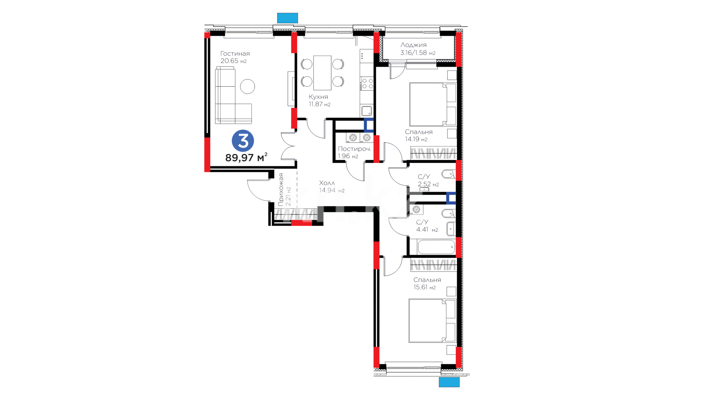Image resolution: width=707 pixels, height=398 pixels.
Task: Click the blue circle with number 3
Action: pos(243,141)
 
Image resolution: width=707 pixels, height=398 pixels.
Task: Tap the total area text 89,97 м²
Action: pos(246,157)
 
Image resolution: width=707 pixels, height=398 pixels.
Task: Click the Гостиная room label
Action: pos(235,54)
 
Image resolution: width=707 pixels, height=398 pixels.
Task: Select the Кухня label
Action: pos(318,97)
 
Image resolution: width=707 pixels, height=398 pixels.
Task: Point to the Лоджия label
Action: pos(414,45)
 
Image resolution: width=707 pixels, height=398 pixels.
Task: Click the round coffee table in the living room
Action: pos(247,87)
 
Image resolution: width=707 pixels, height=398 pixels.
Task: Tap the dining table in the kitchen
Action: pos(322,73)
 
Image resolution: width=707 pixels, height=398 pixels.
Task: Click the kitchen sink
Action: pos(366,111)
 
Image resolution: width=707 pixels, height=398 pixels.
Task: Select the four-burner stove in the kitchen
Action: pos(367,83)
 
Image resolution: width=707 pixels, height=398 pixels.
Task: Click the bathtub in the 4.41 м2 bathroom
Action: pos(436,247)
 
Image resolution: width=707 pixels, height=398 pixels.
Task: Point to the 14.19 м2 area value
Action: pos(416,139)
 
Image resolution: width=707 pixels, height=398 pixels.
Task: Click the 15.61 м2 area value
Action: pos(425,287)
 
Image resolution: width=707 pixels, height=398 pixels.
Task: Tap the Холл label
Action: pos(327,183)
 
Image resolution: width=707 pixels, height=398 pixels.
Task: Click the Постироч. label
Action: pos(354,149)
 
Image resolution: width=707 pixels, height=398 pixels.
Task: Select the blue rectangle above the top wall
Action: pos(287,18)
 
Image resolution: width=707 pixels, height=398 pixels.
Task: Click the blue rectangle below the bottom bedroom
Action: pos(449,382)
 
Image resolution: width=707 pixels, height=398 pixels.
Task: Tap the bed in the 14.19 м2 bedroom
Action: pos(433,104)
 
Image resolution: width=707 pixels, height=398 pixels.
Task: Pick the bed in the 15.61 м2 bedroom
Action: pos(433,321)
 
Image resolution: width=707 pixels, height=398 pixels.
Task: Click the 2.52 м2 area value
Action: pos(428,184)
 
